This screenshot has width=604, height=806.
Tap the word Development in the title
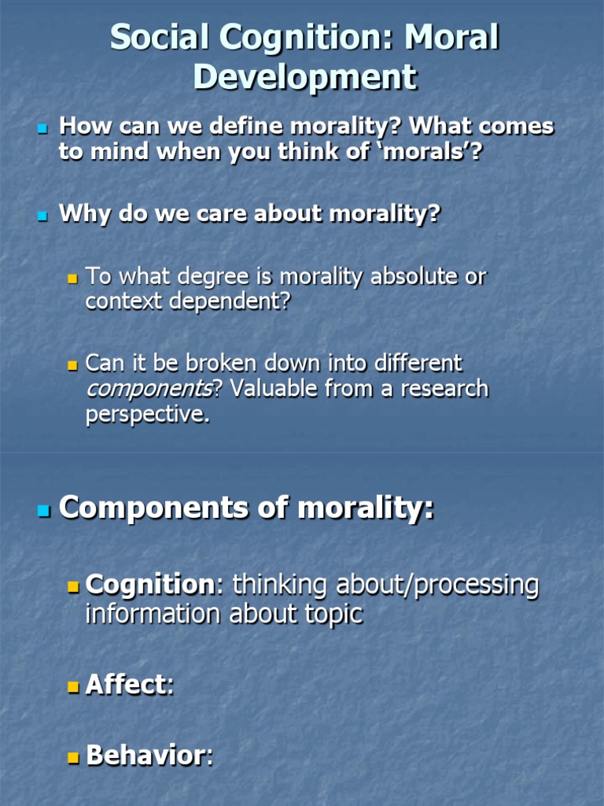305,78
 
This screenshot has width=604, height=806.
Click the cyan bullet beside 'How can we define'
43,128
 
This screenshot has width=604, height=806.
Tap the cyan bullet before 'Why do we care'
43,215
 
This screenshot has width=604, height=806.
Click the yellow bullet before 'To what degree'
73,278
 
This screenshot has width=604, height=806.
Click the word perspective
146,415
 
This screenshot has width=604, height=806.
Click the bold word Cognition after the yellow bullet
149,585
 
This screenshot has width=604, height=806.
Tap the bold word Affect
126,685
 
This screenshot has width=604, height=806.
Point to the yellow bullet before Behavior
74,757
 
